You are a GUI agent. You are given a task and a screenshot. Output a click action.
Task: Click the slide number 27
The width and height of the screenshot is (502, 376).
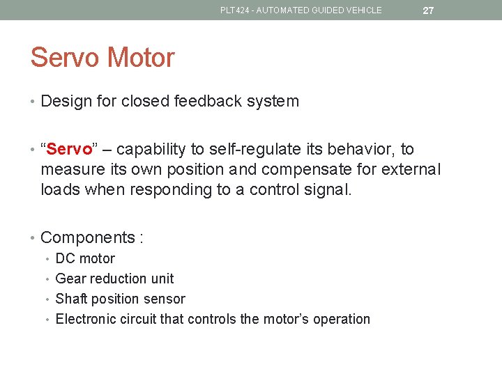(428, 10)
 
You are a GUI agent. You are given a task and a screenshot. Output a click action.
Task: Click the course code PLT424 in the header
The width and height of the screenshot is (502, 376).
(235, 10)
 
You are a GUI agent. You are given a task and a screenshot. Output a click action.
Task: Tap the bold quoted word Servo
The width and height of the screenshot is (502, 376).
(67, 150)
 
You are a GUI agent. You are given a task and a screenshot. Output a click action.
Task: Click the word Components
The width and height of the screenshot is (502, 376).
(88, 238)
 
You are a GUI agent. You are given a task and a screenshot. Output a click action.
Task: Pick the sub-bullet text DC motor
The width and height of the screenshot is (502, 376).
(85, 259)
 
